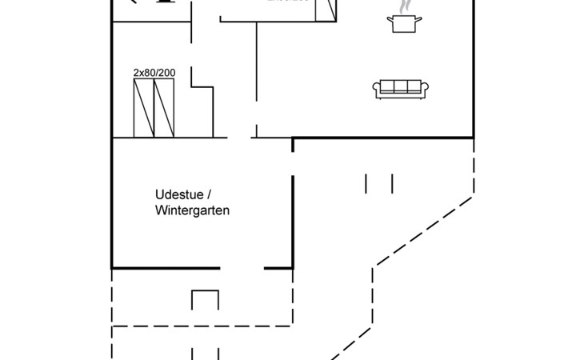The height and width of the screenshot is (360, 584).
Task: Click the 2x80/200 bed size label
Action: (x=154, y=73)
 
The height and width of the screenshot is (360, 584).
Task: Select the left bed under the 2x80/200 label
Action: (x=143, y=108)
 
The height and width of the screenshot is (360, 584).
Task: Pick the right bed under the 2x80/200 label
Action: (x=164, y=108)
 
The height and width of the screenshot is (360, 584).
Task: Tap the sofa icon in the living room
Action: (x=402, y=89)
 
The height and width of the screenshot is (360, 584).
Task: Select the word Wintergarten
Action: (x=193, y=211)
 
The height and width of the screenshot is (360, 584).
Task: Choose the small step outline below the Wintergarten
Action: (x=206, y=300)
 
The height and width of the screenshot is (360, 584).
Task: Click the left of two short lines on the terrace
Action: (x=366, y=183)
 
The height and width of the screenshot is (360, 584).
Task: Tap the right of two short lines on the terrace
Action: (x=392, y=183)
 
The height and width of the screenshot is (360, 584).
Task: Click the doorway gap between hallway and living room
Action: (x=256, y=130)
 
